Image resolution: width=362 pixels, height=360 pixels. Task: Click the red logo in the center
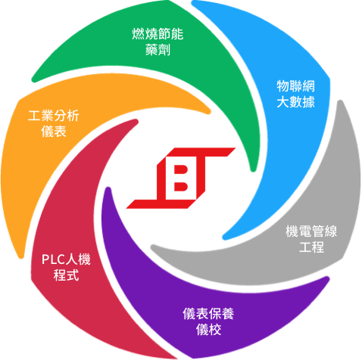click(x=181, y=178)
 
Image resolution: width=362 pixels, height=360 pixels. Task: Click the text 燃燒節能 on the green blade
click(x=158, y=34)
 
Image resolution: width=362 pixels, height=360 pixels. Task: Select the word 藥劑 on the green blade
click(x=158, y=49)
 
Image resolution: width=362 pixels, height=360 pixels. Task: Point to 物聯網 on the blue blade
click(x=296, y=86)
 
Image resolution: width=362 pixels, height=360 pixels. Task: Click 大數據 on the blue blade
click(x=296, y=102)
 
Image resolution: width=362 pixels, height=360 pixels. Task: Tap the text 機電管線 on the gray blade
click(x=311, y=231)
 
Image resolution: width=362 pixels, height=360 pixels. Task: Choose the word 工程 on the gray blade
click(x=311, y=247)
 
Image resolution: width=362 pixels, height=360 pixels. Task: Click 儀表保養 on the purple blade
click(x=208, y=314)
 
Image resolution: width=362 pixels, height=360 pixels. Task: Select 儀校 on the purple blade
click(x=208, y=329)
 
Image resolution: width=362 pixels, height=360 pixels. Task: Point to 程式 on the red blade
click(x=66, y=275)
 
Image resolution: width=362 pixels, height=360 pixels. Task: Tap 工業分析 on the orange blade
click(x=54, y=116)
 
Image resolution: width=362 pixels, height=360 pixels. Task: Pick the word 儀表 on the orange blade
click(x=54, y=132)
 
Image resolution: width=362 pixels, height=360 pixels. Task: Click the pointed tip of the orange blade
click(x=208, y=111)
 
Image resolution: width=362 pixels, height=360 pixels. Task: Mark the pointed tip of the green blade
click(x=253, y=169)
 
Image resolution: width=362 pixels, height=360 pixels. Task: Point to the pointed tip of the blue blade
click(x=224, y=237)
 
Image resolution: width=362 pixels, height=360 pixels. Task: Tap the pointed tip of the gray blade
click(x=153, y=247)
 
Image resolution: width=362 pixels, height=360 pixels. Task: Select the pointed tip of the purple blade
click(x=108, y=189)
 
